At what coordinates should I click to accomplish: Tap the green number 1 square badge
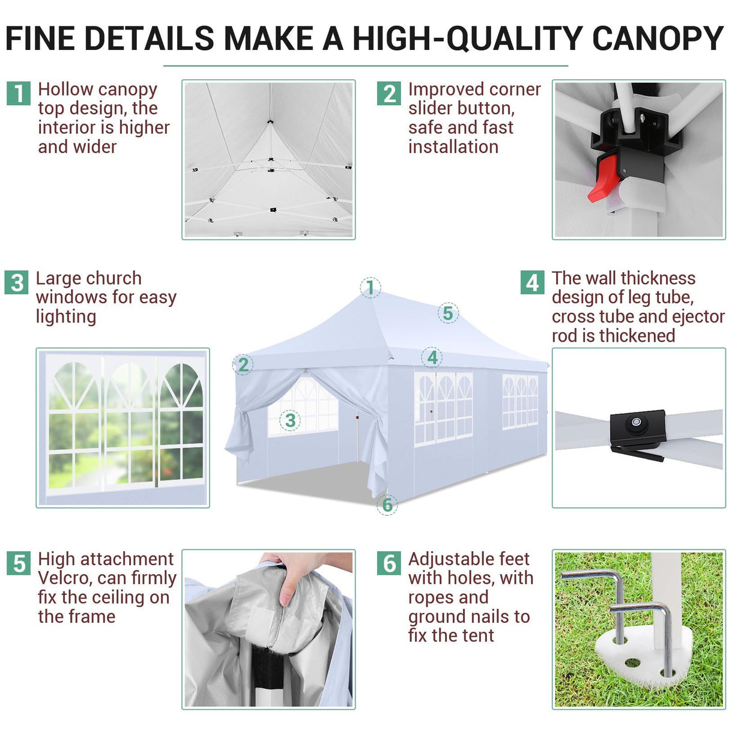coord(19,93)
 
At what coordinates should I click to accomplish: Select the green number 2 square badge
coord(389,93)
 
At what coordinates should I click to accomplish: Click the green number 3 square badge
coord(17,282)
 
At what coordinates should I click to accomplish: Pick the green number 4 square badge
coord(532,282)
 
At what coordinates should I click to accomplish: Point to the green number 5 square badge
coord(19,563)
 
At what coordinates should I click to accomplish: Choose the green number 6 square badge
coord(389,563)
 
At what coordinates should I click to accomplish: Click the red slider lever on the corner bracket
coord(602,177)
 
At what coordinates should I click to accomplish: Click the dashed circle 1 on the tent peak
coord(371,287)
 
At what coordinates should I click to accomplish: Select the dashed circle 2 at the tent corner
coord(243,364)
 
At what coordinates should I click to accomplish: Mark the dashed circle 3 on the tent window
coord(290,420)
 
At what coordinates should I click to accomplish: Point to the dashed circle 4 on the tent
coord(432,358)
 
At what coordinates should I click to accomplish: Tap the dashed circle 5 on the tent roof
coord(448,313)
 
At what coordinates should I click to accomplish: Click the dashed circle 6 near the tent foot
coord(387,504)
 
